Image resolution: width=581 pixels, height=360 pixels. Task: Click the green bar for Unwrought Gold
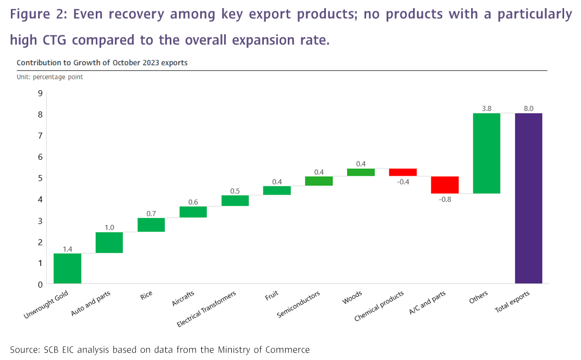[67, 268]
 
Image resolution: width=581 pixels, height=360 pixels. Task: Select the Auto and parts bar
[109, 243]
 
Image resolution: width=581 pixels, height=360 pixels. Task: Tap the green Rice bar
[151, 225]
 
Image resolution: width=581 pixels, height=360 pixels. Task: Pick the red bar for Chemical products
[403, 172]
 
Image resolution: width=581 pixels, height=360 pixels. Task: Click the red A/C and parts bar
[444, 185]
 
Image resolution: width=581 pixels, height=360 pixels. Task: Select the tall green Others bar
[486, 153]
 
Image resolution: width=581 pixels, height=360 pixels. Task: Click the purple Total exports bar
[528, 198]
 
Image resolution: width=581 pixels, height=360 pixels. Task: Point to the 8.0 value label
[528, 109]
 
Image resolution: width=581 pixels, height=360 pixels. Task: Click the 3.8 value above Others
[486, 109]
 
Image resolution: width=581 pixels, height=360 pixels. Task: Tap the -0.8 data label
[444, 199]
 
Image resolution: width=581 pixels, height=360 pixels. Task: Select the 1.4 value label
[67, 249]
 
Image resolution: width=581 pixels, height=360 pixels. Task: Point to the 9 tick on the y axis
[40, 94]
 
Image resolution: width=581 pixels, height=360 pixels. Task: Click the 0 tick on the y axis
[40, 284]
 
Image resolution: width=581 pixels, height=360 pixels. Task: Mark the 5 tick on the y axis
[40, 178]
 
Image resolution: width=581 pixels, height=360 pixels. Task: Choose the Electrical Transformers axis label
[207, 309]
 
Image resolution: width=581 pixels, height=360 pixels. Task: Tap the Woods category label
[353, 297]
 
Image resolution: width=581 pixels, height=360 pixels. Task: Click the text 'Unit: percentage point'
[50, 77]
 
